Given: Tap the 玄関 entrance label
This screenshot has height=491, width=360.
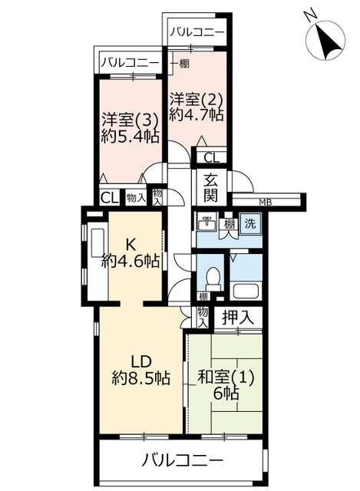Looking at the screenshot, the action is click(x=210, y=188).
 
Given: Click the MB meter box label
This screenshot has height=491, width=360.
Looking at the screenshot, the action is click(x=266, y=203).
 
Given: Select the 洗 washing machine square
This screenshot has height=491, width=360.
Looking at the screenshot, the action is click(x=250, y=223).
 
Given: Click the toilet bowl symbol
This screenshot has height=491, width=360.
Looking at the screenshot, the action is click(x=213, y=279).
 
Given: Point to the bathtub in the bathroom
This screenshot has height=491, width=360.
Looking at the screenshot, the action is click(x=246, y=292).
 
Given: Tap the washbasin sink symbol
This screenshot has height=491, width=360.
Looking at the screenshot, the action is click(x=206, y=223).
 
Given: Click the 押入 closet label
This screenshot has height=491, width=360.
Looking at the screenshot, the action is click(x=237, y=318).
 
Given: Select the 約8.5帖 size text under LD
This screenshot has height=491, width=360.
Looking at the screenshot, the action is click(x=141, y=378).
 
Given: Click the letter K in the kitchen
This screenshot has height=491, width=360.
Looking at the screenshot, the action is click(x=130, y=245).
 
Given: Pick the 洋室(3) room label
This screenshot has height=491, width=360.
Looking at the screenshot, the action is click(x=129, y=120).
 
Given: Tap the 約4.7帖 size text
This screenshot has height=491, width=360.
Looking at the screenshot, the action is click(x=197, y=114).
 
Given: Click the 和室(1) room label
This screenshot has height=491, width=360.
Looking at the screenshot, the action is click(x=225, y=378).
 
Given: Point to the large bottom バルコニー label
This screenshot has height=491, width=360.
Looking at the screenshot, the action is click(x=183, y=460).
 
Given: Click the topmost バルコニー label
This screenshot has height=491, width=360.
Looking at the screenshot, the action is click(x=197, y=32).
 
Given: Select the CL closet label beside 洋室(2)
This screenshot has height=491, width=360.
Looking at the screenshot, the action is click(x=212, y=158).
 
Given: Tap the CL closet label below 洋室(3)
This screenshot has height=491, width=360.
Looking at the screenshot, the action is click(x=109, y=198).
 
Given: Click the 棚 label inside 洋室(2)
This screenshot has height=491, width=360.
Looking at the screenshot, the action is click(x=184, y=64).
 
